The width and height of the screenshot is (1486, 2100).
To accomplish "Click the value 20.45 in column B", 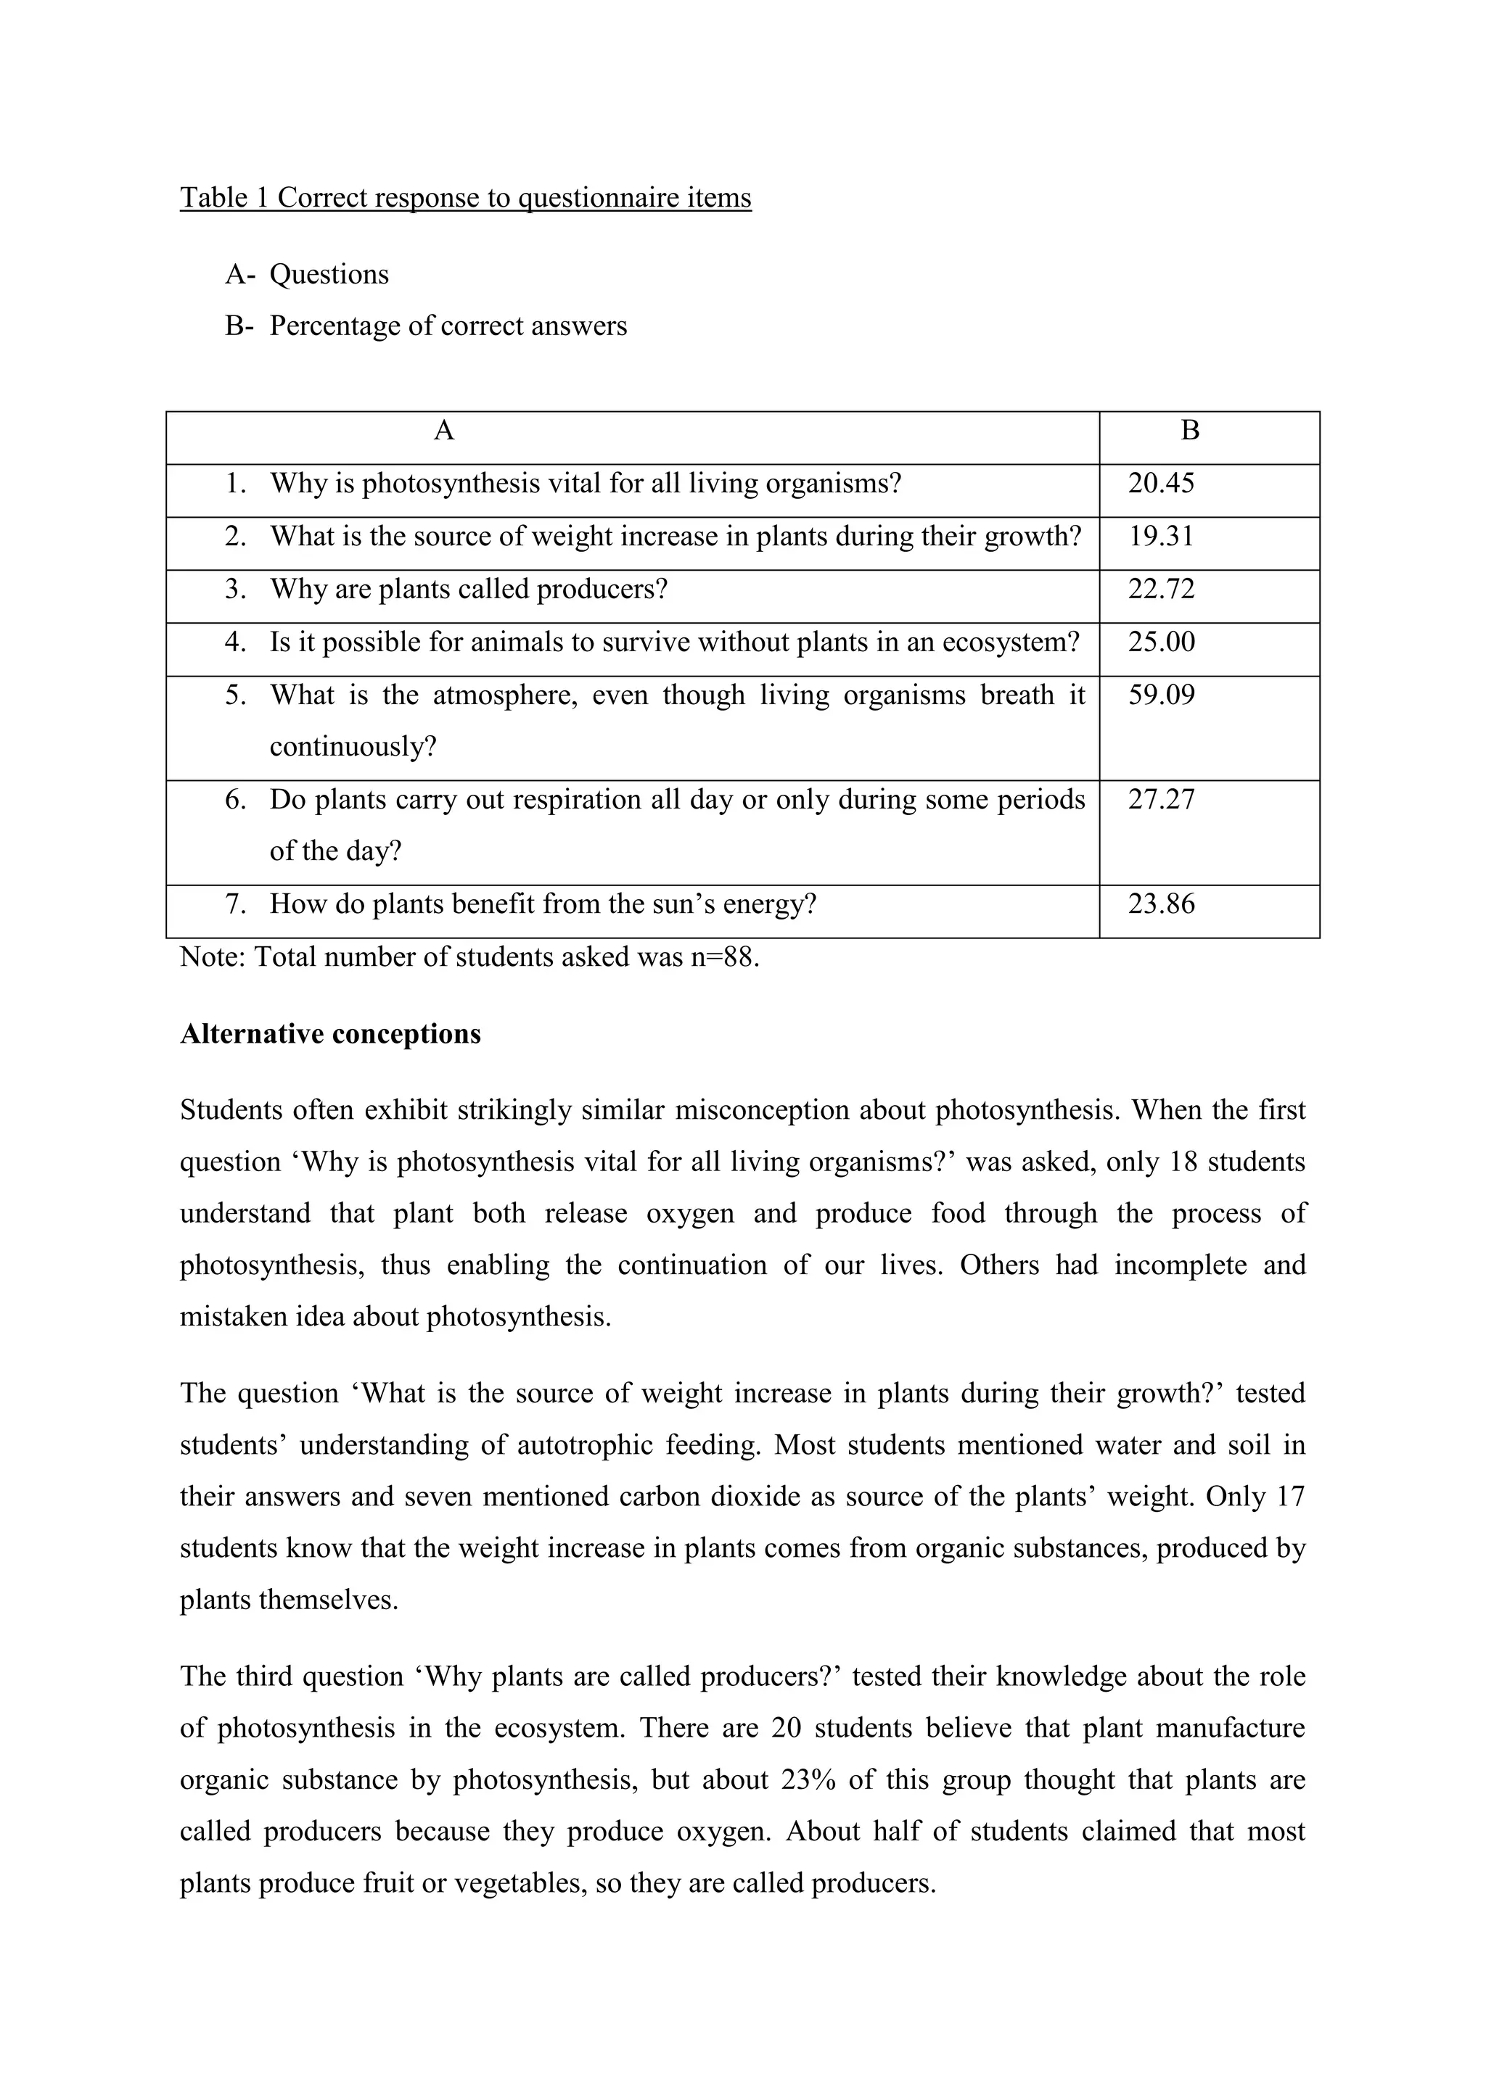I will point(1160,483).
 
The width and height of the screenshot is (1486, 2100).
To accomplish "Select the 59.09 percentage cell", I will point(1160,695).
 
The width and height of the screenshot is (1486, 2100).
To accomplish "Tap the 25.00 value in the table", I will point(1160,642).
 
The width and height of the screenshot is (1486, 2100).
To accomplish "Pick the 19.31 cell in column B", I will point(1160,536).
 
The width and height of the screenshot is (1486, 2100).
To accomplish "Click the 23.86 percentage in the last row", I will point(1160,904).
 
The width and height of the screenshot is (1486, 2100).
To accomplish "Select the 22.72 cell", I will point(1160,589).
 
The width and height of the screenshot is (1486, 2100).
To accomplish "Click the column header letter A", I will point(444,431).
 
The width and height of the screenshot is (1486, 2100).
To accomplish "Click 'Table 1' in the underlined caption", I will point(224,197).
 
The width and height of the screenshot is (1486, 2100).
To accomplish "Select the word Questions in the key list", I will point(329,274).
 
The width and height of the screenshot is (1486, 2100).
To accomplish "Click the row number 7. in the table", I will point(236,904).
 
